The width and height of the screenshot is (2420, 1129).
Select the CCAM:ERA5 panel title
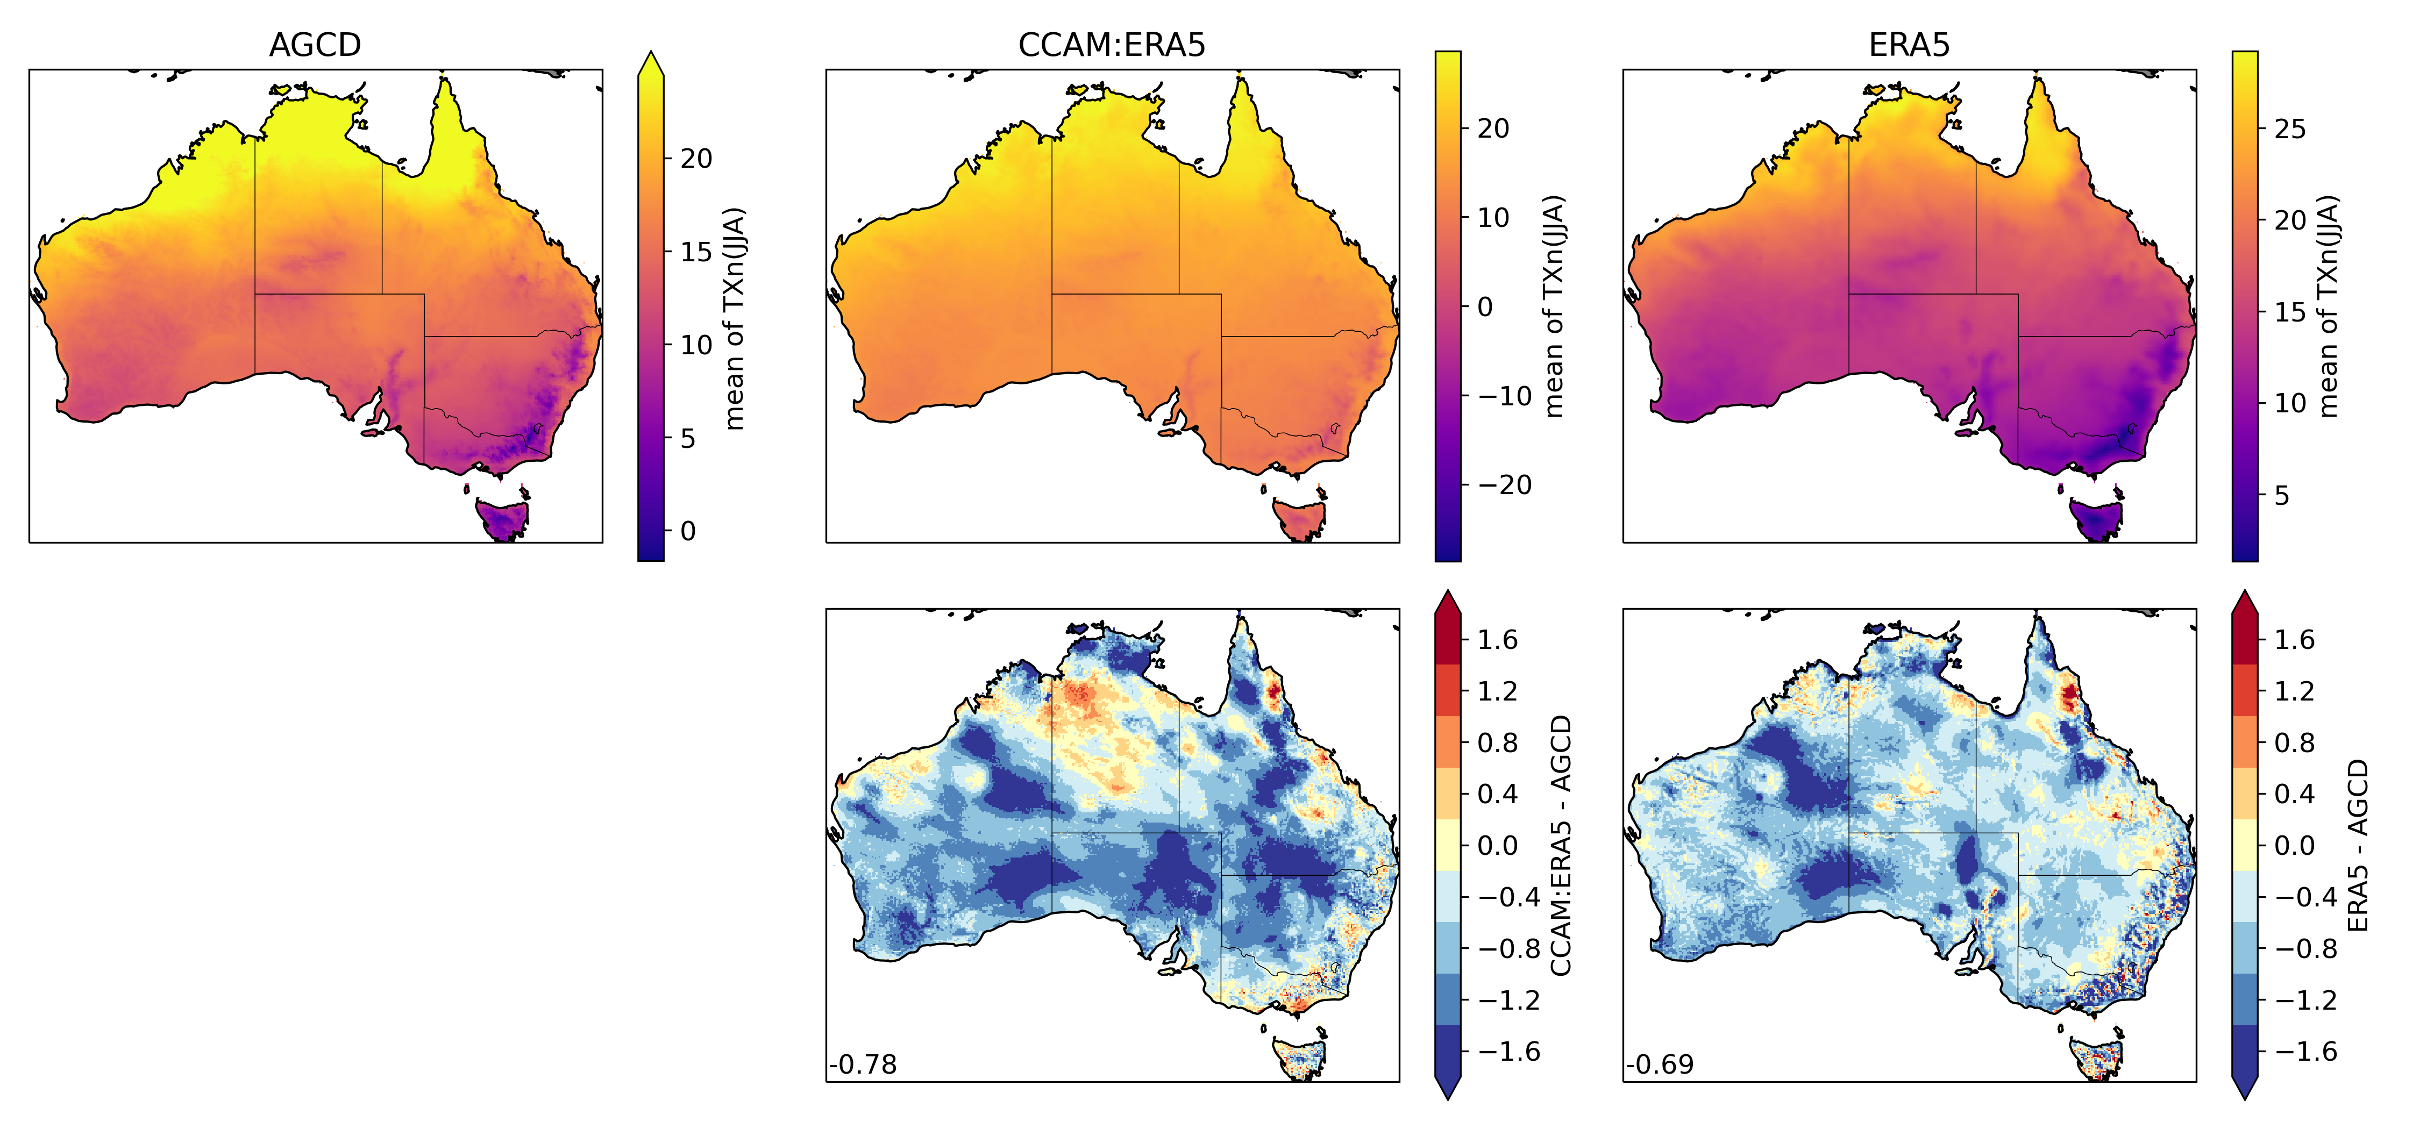pyautogui.click(x=1112, y=45)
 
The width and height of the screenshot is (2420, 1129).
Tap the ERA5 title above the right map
pyautogui.click(x=1909, y=45)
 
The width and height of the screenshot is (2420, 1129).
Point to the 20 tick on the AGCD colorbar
pyautogui.click(x=695, y=159)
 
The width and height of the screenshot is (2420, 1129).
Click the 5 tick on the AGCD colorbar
pyautogui.click(x=688, y=439)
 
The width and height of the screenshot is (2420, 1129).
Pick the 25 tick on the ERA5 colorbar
pyautogui.click(x=2289, y=128)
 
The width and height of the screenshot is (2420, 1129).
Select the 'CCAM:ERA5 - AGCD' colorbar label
pyautogui.click(x=1561, y=845)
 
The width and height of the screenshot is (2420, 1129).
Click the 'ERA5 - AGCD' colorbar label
pyautogui.click(x=2358, y=845)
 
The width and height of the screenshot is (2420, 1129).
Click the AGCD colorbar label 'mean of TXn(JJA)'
pyautogui.click(x=735, y=319)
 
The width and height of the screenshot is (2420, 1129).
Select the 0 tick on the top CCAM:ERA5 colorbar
pyautogui.click(x=1484, y=307)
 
